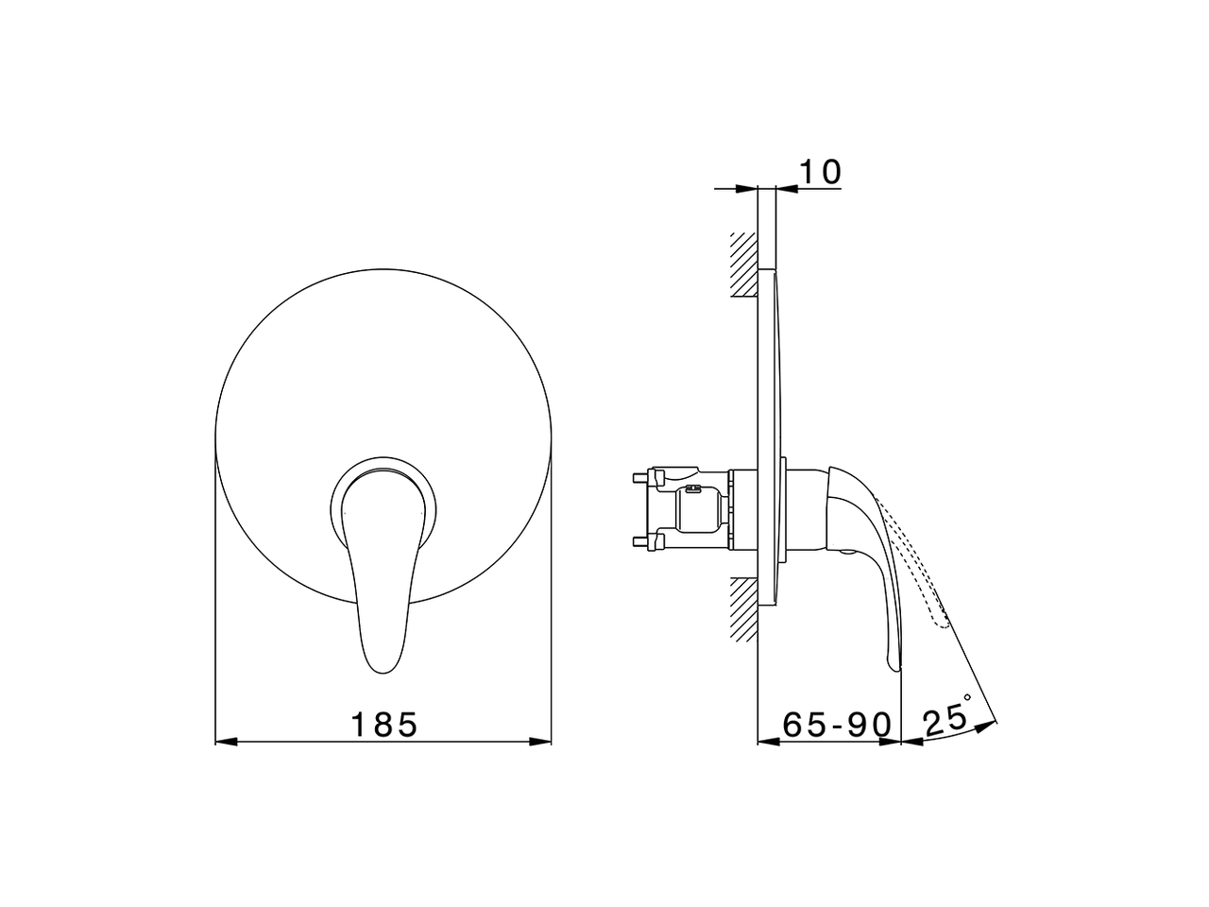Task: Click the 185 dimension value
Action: (384, 725)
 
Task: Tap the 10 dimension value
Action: (820, 172)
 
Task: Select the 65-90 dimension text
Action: (837, 725)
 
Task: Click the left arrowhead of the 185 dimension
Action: (226, 742)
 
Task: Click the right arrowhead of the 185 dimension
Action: (540, 742)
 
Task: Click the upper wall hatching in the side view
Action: (744, 265)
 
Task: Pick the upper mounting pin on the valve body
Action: (641, 476)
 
